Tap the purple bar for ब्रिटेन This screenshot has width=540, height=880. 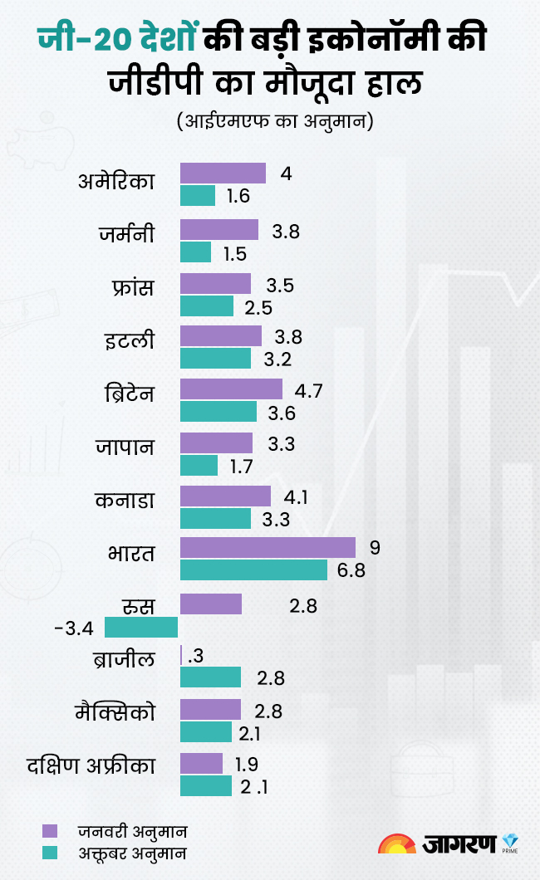pos(231,389)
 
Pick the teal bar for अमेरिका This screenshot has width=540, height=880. pos(198,196)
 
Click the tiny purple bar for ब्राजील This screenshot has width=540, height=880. pos(181,655)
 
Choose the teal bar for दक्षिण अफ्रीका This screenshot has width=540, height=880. pos(206,786)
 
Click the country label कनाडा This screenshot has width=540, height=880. pos(125,501)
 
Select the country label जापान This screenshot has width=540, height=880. pos(125,446)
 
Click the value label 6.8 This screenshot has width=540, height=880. pos(350,571)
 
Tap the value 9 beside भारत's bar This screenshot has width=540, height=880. pos(374,548)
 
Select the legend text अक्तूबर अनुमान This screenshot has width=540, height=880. pos(133,852)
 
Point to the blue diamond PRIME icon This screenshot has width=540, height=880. pos(510,841)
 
